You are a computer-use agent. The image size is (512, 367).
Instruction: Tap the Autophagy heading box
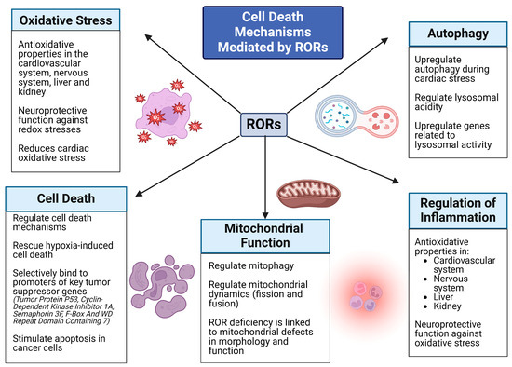click(x=448, y=33)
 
